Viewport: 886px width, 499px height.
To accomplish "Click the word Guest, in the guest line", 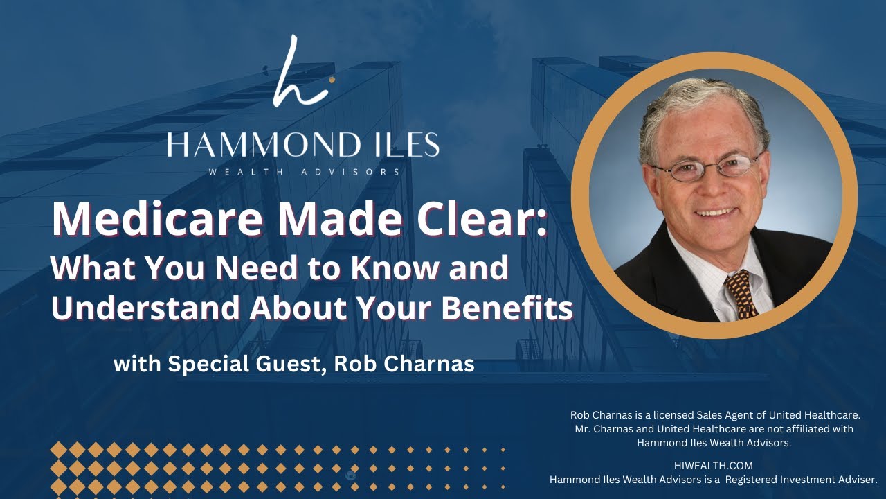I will click(284, 364).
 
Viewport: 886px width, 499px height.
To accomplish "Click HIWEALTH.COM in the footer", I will click(713, 466).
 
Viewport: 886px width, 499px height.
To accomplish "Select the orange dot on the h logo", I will click(332, 80).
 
